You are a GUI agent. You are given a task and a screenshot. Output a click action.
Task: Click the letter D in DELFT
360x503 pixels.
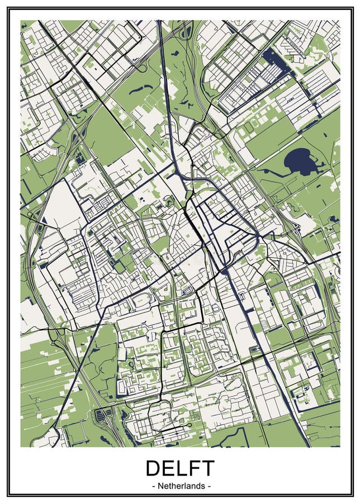[154, 468]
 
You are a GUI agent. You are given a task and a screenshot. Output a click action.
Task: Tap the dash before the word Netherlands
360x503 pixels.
[154, 486]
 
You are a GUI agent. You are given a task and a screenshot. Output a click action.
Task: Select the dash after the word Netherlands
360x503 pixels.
[209, 486]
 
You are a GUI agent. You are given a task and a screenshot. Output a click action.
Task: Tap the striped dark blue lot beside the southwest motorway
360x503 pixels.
[103, 415]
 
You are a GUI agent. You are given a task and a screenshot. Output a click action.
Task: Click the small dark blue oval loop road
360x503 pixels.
[188, 290]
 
